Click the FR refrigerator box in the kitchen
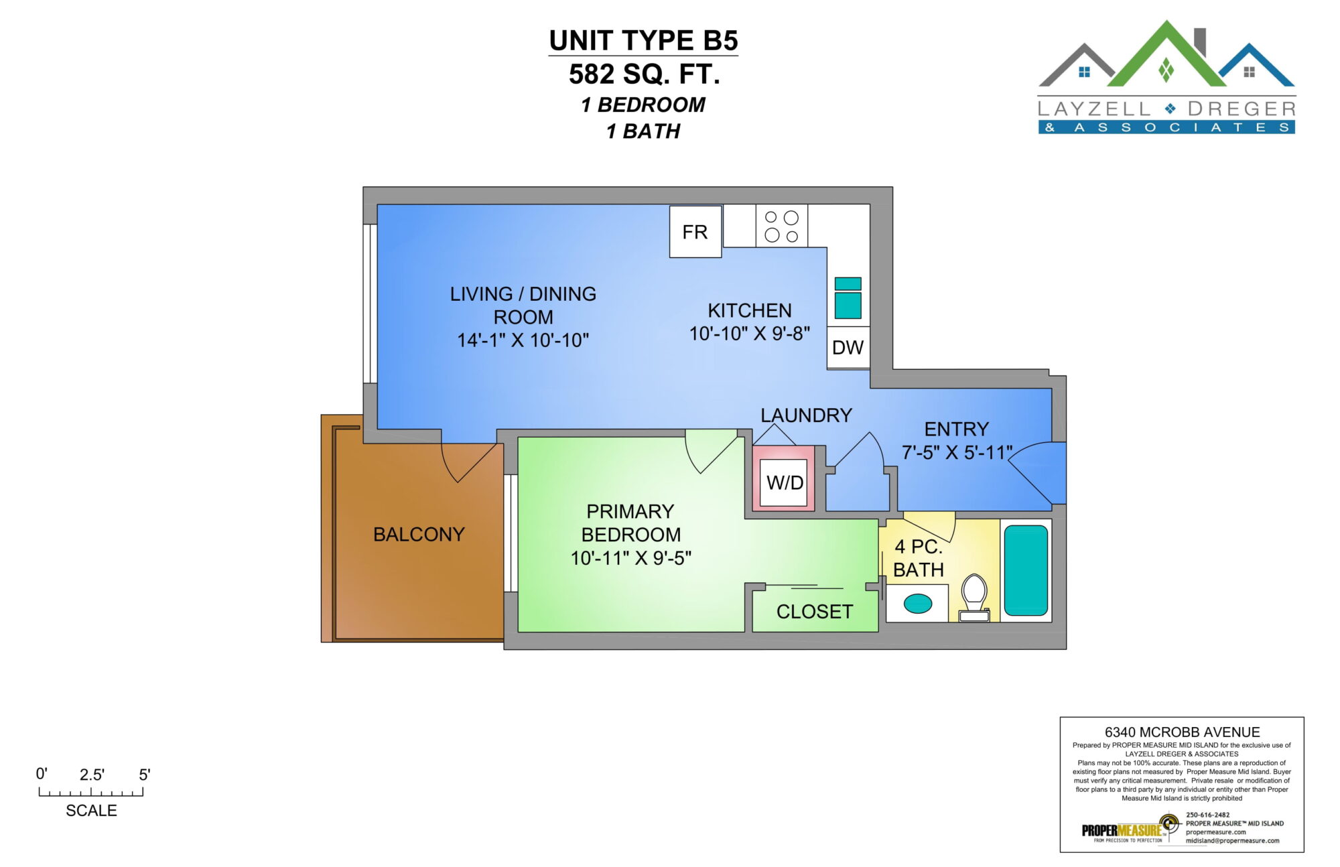tap(695, 231)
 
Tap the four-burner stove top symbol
tap(782, 226)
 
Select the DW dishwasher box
tap(848, 347)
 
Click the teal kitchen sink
tap(848, 298)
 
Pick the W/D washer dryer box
tap(785, 482)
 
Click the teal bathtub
tap(1026, 570)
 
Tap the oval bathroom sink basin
tap(917, 604)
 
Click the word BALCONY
tap(419, 534)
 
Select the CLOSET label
tap(815, 612)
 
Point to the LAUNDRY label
tap(806, 415)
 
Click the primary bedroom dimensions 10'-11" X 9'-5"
tap(630, 558)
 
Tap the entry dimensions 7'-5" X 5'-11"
tap(957, 452)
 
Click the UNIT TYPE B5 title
tap(643, 41)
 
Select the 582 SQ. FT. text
tap(645, 74)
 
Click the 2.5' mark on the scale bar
tap(92, 775)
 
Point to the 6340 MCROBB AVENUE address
tap(1182, 732)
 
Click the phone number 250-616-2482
tap(1208, 815)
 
